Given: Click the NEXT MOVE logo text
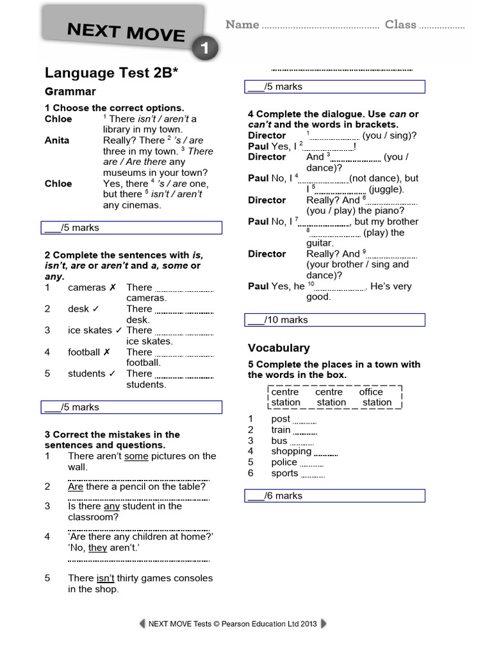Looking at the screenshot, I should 126,31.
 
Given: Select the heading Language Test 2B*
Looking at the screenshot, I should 111,73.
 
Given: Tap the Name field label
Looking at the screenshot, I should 242,24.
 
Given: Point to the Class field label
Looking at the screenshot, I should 400,24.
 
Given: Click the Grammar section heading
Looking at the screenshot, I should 70,91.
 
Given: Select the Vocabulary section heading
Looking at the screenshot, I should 279,348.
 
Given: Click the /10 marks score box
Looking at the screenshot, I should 336,320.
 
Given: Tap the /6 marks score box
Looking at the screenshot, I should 336,495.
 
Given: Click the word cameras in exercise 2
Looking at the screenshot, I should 86,287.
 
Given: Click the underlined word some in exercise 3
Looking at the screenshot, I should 136,456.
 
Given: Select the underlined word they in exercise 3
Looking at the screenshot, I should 97,547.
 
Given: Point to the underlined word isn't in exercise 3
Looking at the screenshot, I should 106,578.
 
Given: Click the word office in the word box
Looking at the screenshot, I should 371,391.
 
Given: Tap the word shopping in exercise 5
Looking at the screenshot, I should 291,451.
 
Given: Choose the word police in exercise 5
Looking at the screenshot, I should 284,462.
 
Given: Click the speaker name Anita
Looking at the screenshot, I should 57,140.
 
